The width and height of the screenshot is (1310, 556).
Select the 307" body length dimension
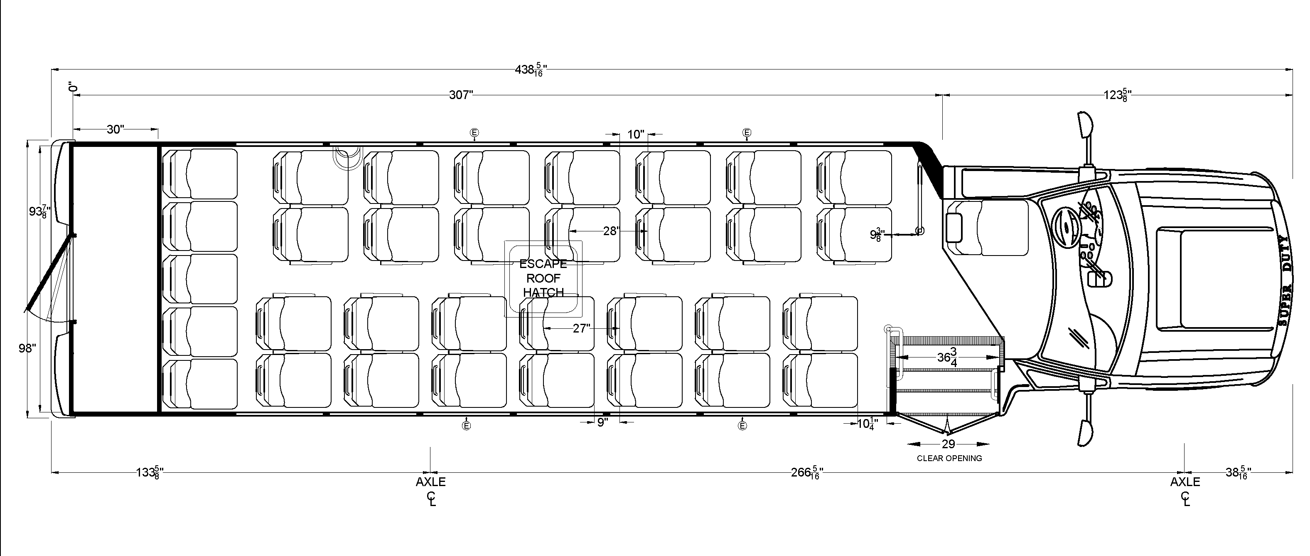(x=461, y=95)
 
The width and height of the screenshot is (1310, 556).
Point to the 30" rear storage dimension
(x=116, y=129)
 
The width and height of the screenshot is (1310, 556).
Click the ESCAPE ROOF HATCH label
(x=543, y=278)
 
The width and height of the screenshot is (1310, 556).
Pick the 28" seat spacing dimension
(x=610, y=231)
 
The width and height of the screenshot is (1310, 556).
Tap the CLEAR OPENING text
(x=949, y=458)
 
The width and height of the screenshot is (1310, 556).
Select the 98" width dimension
(x=27, y=348)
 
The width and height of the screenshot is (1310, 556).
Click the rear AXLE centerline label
(x=431, y=482)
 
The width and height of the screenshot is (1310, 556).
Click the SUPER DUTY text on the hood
(x=1283, y=280)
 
